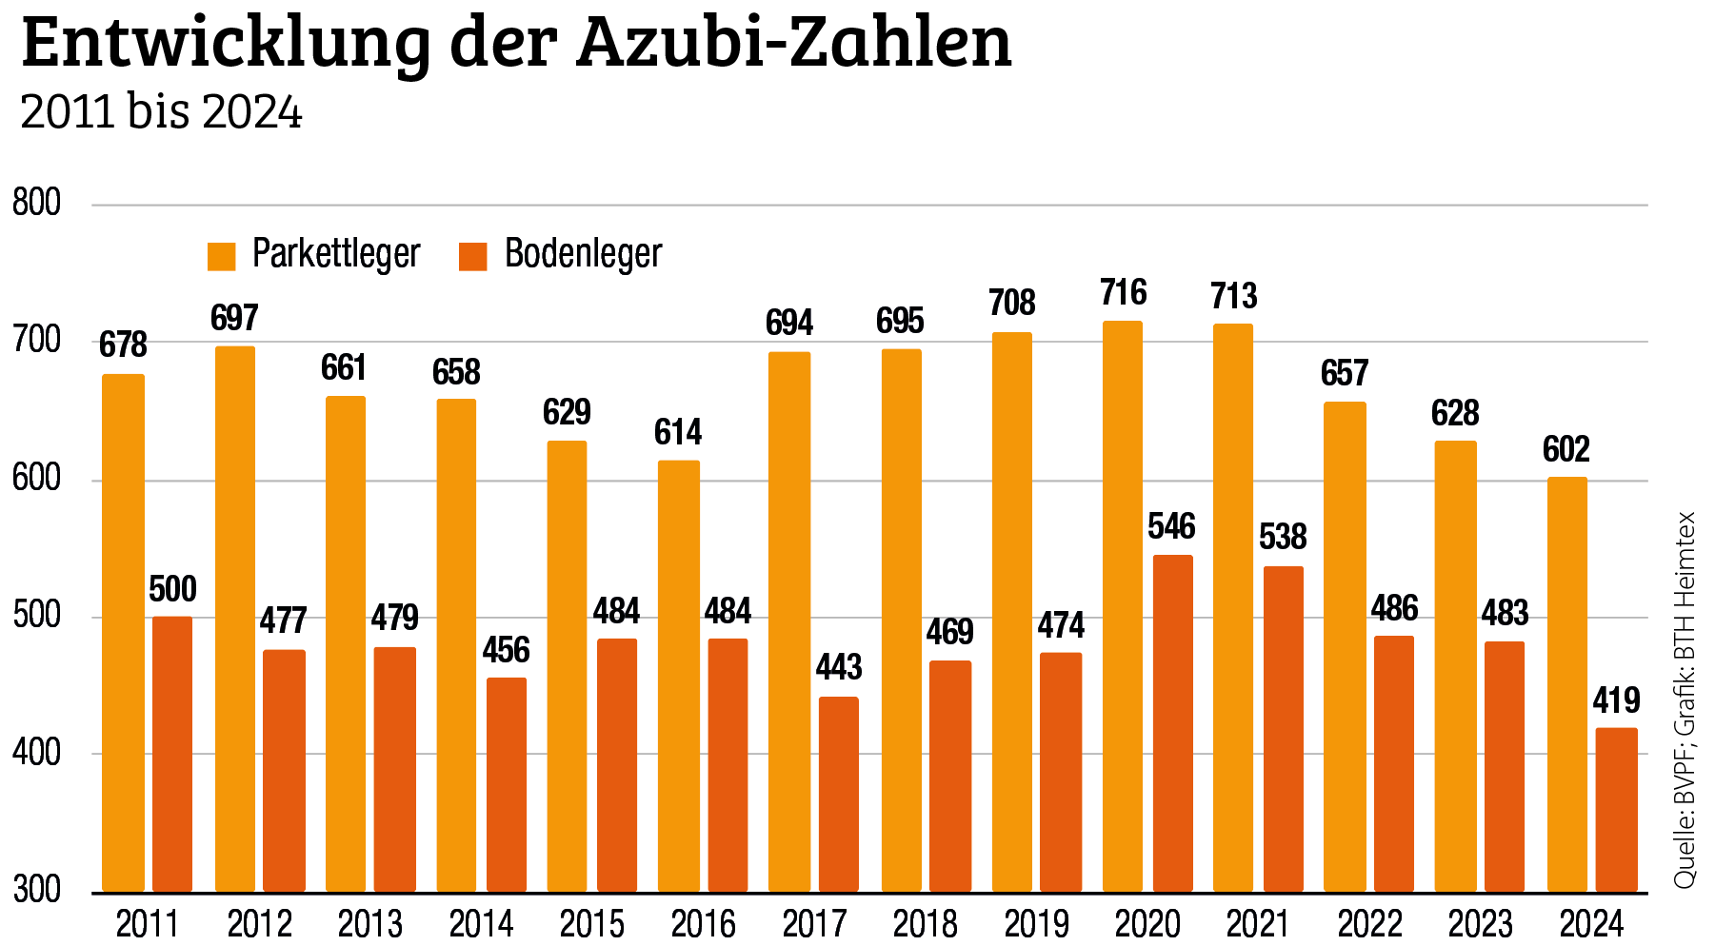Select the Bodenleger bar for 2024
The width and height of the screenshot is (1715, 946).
(1616, 810)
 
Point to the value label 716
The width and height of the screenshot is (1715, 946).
(1124, 292)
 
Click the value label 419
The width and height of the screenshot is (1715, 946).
(1616, 700)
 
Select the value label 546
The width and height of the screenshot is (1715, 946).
(1171, 526)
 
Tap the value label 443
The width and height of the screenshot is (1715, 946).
(838, 667)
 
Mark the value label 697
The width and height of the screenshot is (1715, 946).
(234, 318)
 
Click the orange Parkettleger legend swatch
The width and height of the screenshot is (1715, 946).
(221, 256)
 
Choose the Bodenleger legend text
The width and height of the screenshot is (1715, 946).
(583, 254)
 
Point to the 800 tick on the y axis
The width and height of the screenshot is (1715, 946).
(36, 203)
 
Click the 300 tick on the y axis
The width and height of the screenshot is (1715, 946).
(36, 890)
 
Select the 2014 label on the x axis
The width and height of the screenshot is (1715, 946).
(481, 924)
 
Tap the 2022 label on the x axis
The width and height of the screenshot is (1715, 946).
(1369, 924)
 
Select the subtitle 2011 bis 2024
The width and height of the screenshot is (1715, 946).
(161, 112)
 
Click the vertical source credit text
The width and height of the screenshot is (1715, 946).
(1685, 700)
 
